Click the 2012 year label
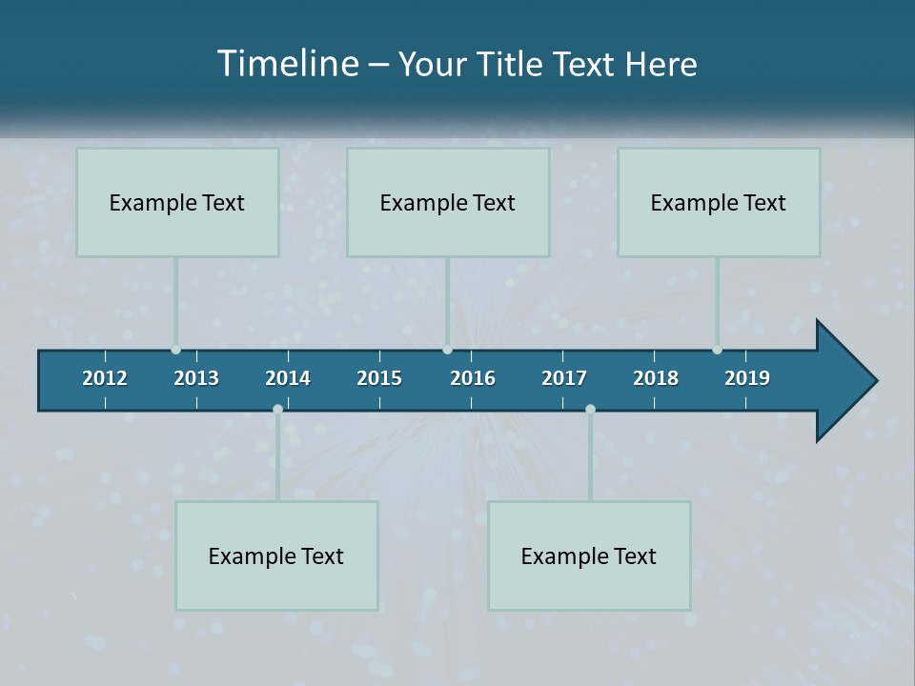click(105, 378)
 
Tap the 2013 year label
click(196, 378)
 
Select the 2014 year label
click(288, 378)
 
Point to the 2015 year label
click(379, 378)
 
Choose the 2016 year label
click(473, 378)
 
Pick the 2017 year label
click(564, 378)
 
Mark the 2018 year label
click(656, 378)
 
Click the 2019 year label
click(747, 378)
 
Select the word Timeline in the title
click(289, 64)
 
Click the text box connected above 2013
click(177, 202)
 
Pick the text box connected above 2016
click(448, 202)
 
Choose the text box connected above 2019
click(719, 202)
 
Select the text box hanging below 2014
click(276, 555)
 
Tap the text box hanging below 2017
click(589, 555)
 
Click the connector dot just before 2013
click(175, 350)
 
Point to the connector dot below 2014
click(277, 410)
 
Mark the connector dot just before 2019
click(717, 350)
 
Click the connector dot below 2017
click(590, 410)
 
